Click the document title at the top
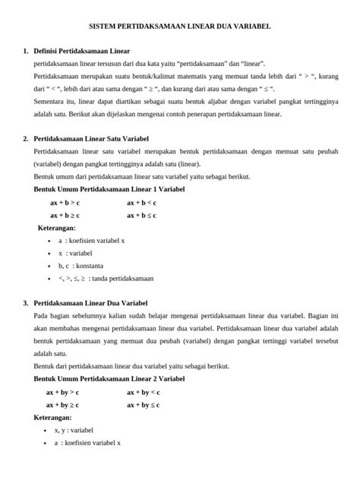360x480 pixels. [180, 27]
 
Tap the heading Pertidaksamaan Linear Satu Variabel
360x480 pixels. [91, 140]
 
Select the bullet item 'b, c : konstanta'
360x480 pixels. [80, 266]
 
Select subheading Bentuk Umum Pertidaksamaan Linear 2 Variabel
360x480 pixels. [109, 379]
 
